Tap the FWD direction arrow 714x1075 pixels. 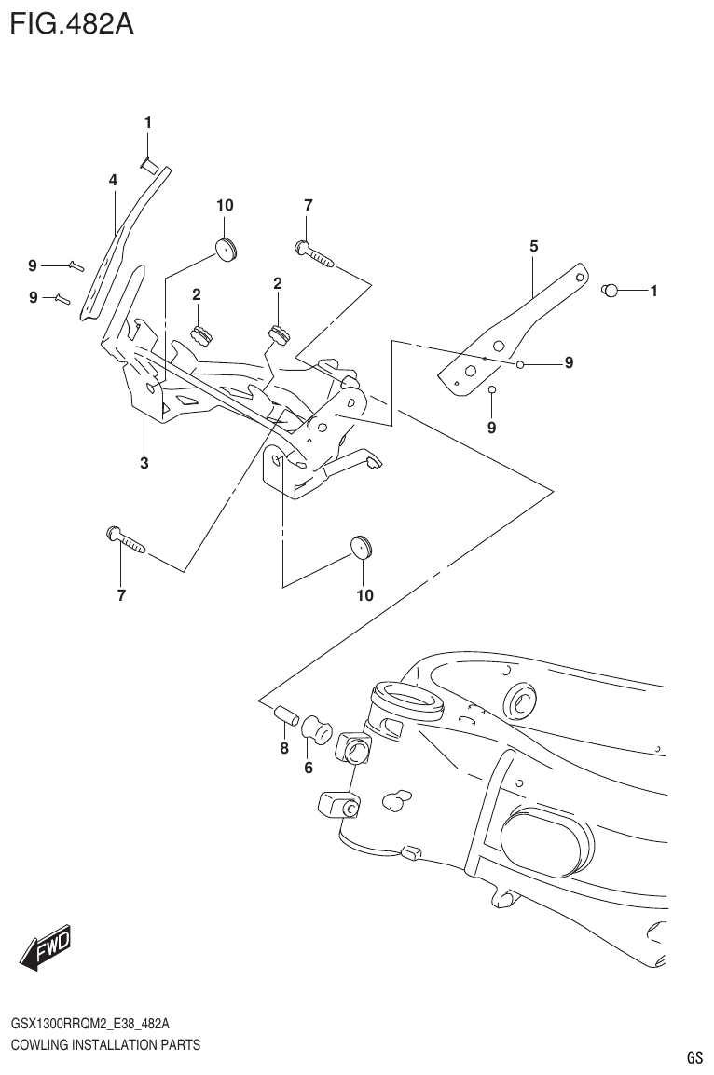click(x=45, y=948)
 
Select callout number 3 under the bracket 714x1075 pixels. click(x=144, y=462)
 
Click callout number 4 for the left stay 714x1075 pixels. click(x=112, y=180)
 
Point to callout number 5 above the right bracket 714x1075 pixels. click(x=533, y=247)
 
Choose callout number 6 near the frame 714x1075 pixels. click(x=308, y=769)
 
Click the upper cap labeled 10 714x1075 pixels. click(x=226, y=247)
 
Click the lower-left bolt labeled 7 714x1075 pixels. click(x=125, y=539)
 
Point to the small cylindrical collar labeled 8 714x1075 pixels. click(x=284, y=715)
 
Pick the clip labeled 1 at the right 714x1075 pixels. click(x=611, y=291)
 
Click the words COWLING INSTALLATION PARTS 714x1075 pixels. click(x=105, y=1045)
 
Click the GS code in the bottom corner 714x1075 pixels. click(x=693, y=1058)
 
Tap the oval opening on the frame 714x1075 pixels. click(x=545, y=840)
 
